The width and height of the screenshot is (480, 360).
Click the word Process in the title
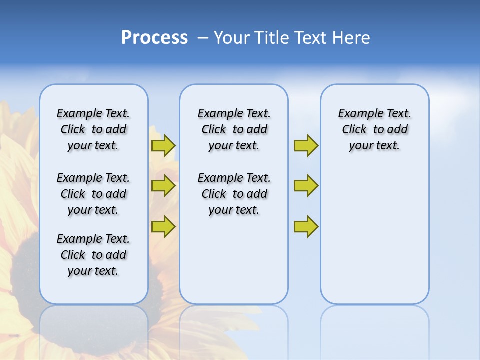[x=154, y=38]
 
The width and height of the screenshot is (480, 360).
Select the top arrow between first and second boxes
[x=163, y=145]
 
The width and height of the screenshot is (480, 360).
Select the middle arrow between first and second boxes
[x=163, y=186]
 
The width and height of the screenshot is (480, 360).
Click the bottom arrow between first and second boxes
[x=163, y=226]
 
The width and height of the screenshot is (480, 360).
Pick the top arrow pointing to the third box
[x=306, y=145]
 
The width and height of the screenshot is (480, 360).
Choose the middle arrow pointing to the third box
[x=306, y=186]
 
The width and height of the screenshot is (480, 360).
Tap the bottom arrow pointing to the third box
[x=306, y=226]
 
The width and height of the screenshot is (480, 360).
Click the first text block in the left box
[x=93, y=129]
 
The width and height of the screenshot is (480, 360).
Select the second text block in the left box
[x=93, y=194]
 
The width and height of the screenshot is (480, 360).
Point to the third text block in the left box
[x=93, y=255]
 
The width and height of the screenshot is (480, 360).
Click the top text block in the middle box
[x=234, y=129]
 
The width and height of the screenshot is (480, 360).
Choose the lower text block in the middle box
[x=234, y=194]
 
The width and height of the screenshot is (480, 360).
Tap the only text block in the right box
[x=374, y=129]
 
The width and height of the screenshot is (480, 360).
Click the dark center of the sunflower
[x=25, y=270]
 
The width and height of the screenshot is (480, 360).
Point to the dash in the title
[x=203, y=38]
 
